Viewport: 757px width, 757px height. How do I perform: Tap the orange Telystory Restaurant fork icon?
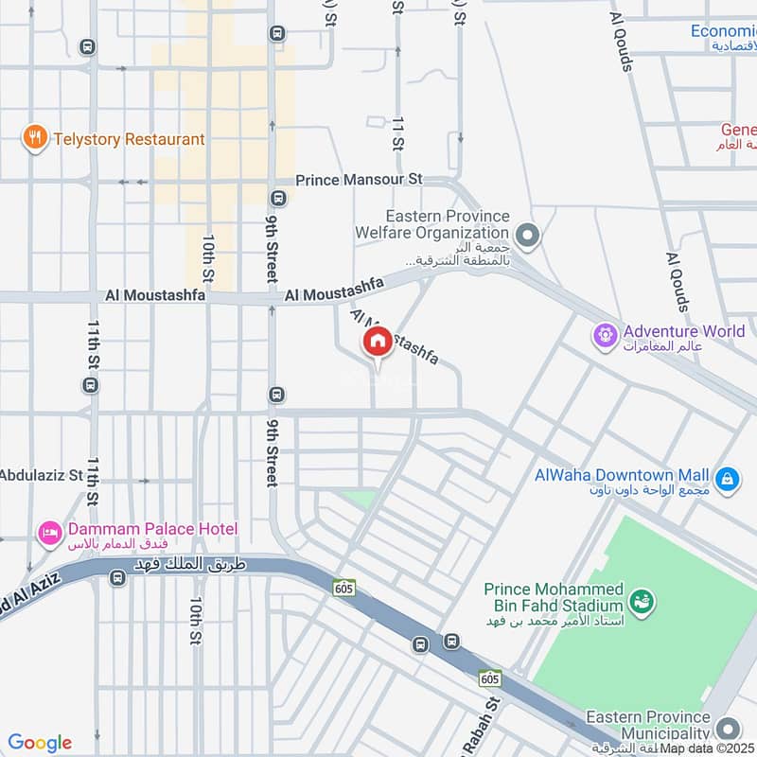pos(35,139)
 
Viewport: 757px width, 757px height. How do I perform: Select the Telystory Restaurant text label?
pos(128,139)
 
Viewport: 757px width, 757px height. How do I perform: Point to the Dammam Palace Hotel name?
pos(151,529)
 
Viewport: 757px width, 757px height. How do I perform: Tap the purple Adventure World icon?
pos(604,334)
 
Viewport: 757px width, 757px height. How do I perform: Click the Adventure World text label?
pos(684,332)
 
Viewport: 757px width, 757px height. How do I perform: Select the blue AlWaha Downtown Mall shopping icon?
pos(727,480)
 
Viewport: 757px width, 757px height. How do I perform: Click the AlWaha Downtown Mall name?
pos(622,475)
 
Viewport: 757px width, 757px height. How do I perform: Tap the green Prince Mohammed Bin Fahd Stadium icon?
pos(643,600)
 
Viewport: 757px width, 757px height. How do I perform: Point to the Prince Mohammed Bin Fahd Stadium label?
pos(554,597)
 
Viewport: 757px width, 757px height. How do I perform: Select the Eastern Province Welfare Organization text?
pos(432,225)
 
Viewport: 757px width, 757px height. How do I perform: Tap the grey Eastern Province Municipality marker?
pos(727,728)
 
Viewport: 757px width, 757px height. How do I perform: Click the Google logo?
pos(40,743)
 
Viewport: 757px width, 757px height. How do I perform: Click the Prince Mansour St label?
pos(359,179)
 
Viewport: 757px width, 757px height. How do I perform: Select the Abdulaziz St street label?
pos(42,475)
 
